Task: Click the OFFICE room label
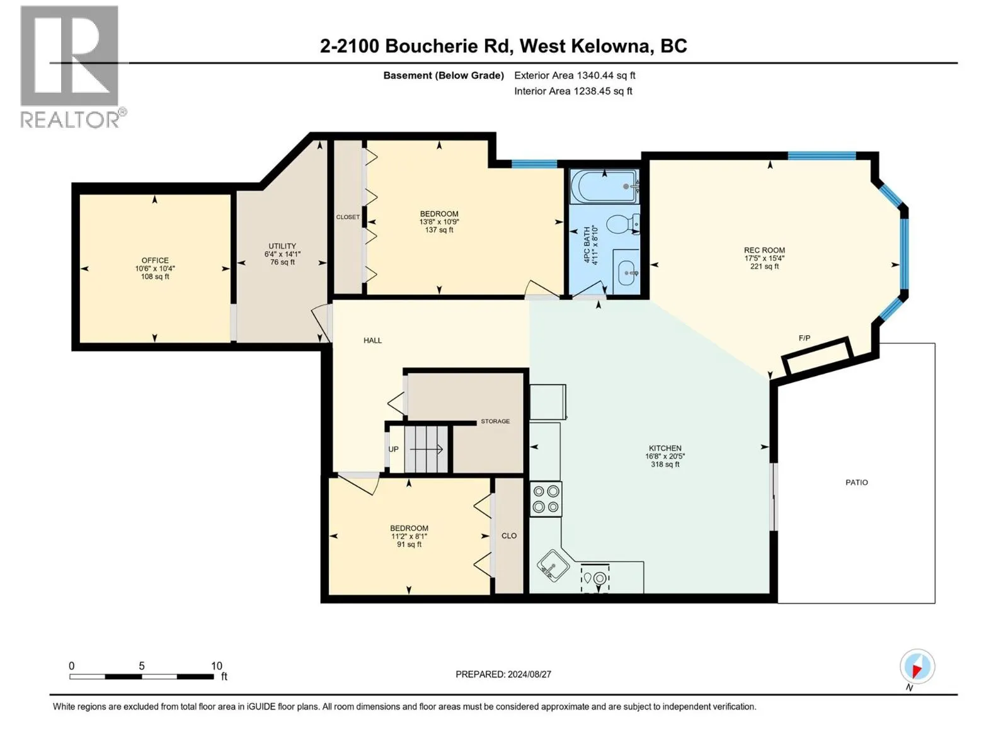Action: tap(155, 260)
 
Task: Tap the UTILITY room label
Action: tap(282, 246)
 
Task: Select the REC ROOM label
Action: tap(764, 250)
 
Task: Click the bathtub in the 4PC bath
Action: tap(604, 186)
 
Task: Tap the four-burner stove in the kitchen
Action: tap(546, 498)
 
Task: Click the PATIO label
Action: tap(856, 483)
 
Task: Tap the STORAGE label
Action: tap(495, 421)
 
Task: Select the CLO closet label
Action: tap(509, 535)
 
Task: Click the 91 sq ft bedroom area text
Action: tap(409, 544)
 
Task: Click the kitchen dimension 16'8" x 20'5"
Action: tap(665, 456)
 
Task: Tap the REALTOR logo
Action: tap(71, 66)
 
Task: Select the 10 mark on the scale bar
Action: tap(216, 666)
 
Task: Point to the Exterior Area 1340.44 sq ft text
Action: tap(574, 75)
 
